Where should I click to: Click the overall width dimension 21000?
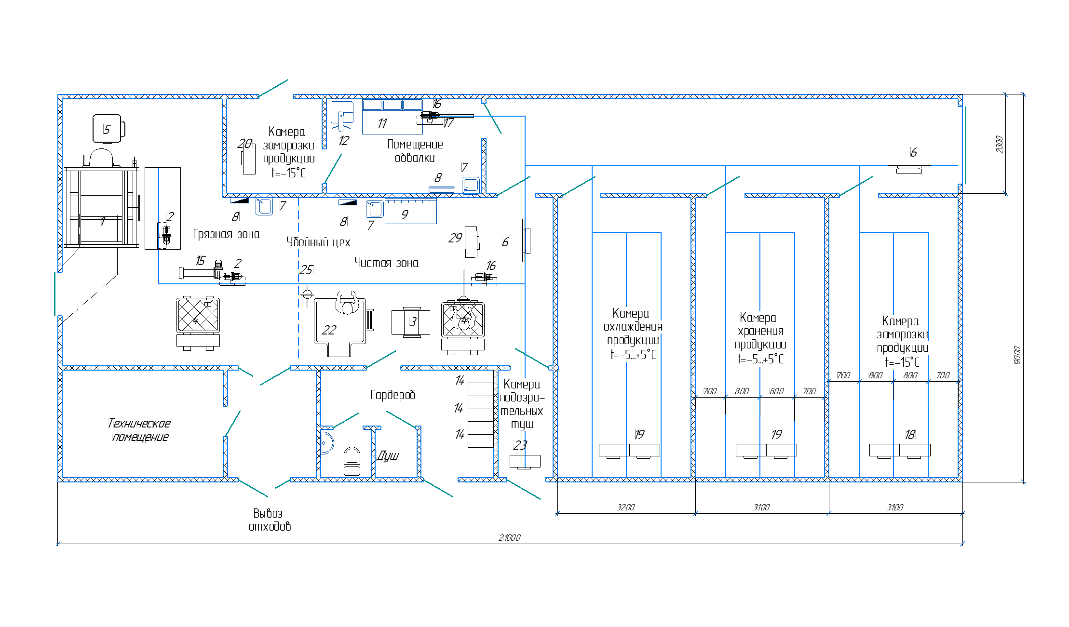509,537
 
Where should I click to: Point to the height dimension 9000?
1016,355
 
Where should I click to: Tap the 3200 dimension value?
625,507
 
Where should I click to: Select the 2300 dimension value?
999,144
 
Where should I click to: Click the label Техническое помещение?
139,430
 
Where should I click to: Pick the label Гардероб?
392,395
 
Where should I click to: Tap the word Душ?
388,455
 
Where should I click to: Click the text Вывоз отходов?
269,520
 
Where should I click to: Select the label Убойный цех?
318,242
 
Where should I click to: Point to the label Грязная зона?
226,234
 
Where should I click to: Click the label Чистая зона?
386,263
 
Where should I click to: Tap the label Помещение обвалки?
415,151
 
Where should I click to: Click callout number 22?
329,330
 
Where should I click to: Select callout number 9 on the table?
405,214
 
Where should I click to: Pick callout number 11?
382,123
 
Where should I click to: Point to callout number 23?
520,445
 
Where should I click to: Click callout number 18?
909,435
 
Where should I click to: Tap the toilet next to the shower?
352,461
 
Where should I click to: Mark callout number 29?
455,238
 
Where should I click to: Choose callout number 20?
244,144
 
